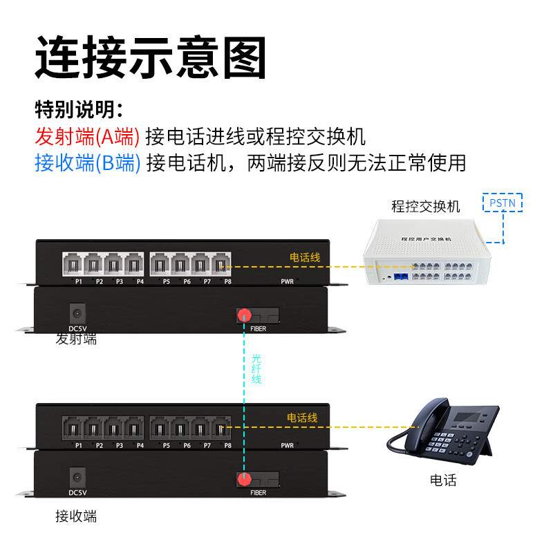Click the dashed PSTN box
click(503, 203)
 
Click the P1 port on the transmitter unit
click(73, 263)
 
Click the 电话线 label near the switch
click(304, 258)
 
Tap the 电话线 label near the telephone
click(302, 418)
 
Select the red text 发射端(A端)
click(87, 136)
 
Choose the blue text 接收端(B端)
click(87, 163)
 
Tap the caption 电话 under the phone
click(443, 480)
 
